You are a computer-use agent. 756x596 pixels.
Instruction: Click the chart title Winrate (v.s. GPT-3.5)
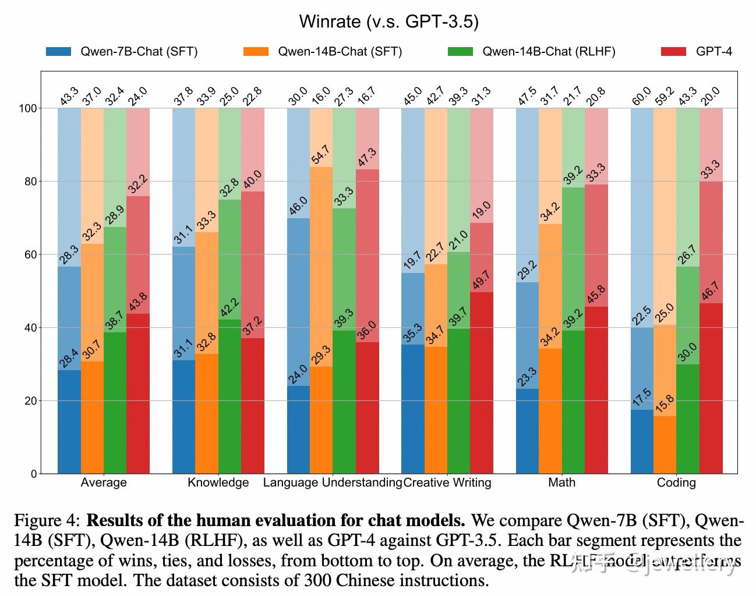pos(388,22)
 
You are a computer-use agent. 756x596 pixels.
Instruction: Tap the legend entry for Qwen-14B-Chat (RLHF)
pos(548,51)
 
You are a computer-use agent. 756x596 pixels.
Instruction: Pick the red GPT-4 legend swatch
pos(674,51)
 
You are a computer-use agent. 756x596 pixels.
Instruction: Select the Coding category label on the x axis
pos(676,483)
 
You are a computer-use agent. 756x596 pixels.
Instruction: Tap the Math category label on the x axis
pos(561,483)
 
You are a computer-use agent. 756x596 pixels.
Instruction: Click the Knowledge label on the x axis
pos(218,483)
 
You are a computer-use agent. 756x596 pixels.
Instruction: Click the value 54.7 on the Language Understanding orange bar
pos(321,155)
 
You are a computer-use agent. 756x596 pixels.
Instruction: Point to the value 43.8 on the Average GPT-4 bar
pos(138,303)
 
